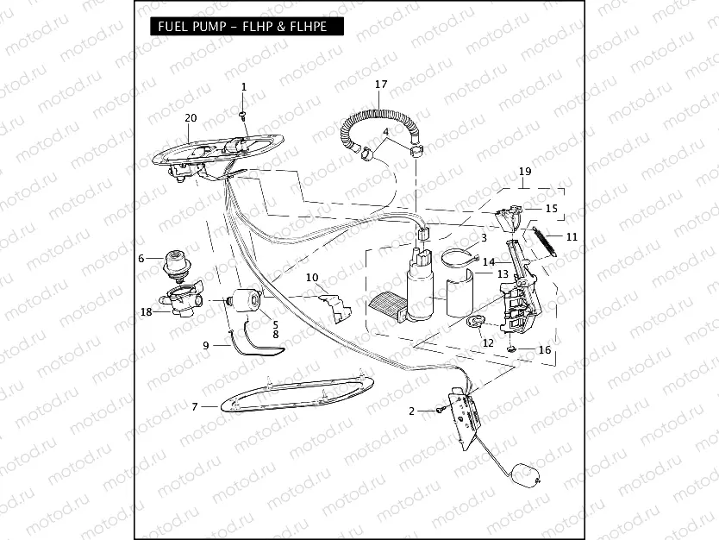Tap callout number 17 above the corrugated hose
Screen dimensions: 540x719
tap(381, 84)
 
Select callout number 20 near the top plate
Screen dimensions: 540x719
tap(191, 118)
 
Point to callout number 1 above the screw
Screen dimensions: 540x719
tap(244, 87)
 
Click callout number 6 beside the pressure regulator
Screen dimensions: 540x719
tap(141, 257)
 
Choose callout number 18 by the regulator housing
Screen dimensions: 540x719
tap(146, 311)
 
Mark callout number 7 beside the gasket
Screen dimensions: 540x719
tap(195, 406)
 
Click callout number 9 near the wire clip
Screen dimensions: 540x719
tap(206, 345)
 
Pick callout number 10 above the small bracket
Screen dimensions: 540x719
tap(312, 278)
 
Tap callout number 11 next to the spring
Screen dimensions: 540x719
tap(572, 235)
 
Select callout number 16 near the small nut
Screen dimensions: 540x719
tap(544, 350)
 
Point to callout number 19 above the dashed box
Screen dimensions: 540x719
tap(524, 173)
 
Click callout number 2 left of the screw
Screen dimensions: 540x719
tap(412, 411)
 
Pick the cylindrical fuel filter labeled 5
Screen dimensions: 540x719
tap(247, 300)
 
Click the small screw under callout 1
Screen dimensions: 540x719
tap(243, 115)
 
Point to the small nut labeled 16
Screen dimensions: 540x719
tap(511, 349)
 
